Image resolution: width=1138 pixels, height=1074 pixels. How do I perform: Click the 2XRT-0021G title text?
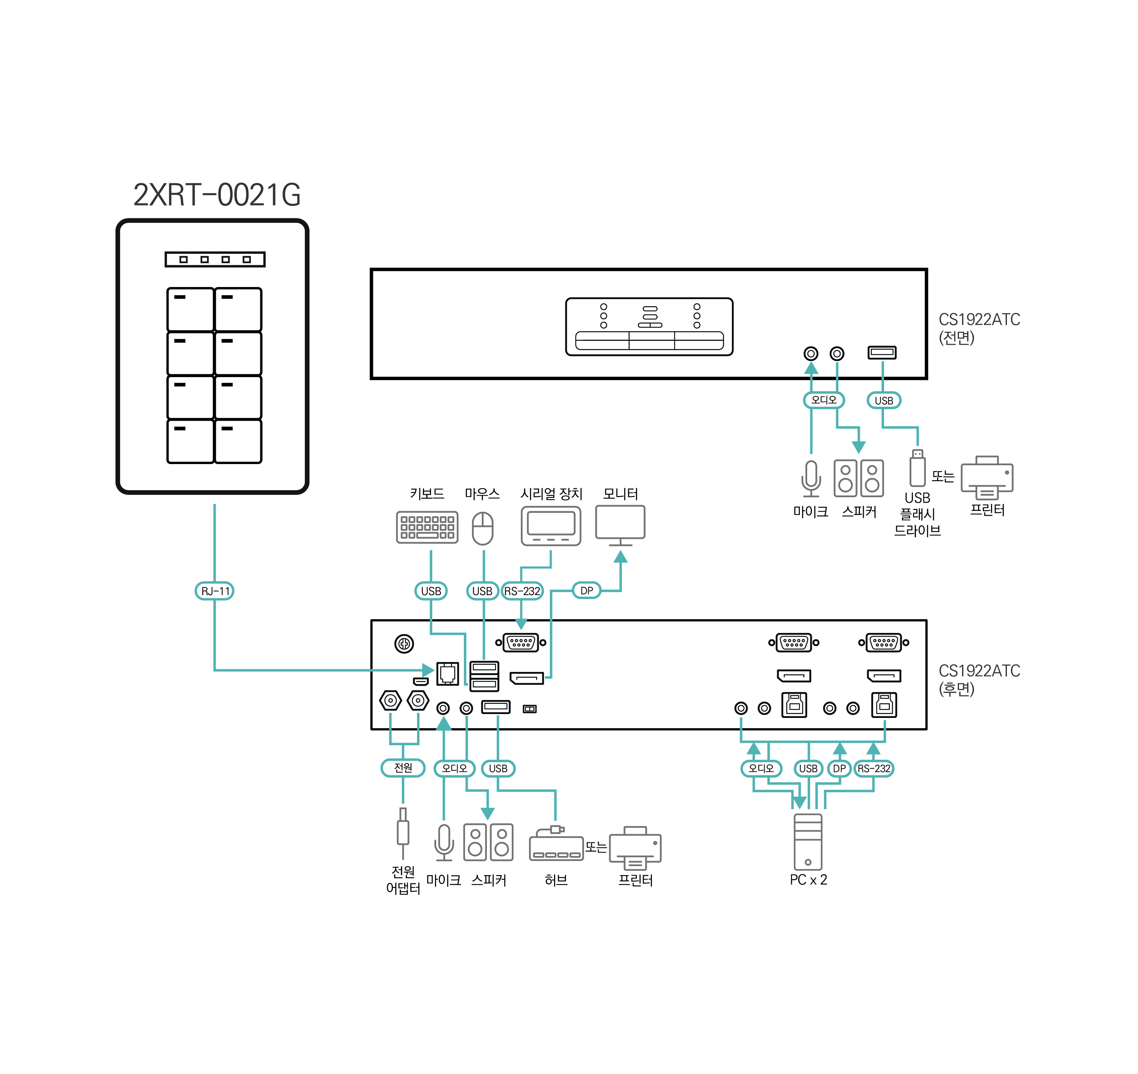pyautogui.click(x=217, y=195)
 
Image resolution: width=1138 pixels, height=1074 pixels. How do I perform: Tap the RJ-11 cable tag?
pyautogui.click(x=215, y=591)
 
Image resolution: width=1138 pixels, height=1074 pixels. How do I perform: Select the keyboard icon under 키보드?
pyautogui.click(x=427, y=527)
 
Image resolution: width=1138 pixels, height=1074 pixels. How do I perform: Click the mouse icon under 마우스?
pyautogui.click(x=483, y=528)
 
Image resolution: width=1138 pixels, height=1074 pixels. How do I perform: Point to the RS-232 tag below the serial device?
pyautogui.click(x=522, y=591)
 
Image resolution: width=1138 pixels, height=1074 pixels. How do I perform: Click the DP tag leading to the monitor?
pyautogui.click(x=586, y=590)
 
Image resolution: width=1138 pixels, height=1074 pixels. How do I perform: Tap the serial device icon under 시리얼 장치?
pyautogui.click(x=551, y=526)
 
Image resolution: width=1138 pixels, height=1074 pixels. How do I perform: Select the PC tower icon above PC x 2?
pyautogui.click(x=808, y=842)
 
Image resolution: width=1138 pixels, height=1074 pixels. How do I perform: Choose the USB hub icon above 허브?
pyautogui.click(x=556, y=844)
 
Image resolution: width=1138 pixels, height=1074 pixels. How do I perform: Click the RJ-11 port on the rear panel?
pyautogui.click(x=448, y=673)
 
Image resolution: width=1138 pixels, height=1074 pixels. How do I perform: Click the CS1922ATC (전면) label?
pyautogui.click(x=979, y=328)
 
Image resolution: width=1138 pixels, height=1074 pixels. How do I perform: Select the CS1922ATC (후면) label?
pyautogui.click(x=979, y=680)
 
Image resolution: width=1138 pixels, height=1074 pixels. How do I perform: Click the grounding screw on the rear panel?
pyautogui.click(x=404, y=643)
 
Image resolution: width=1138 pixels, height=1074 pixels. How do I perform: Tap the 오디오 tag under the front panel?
pyautogui.click(x=824, y=400)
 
